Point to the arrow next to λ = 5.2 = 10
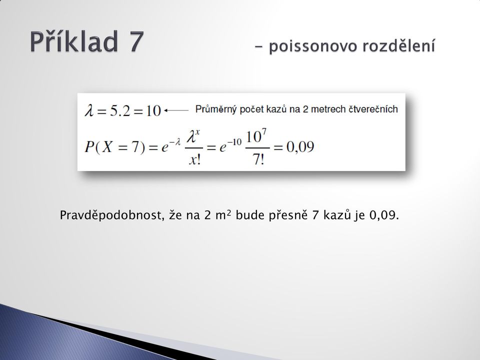point(176,110)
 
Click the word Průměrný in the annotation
point(216,109)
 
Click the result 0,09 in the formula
point(300,147)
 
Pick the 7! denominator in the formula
point(258,159)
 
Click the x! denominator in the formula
point(194,159)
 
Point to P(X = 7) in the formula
point(114,147)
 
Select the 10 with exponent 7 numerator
point(256,136)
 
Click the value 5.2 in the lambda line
point(120,111)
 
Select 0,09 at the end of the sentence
point(384,215)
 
